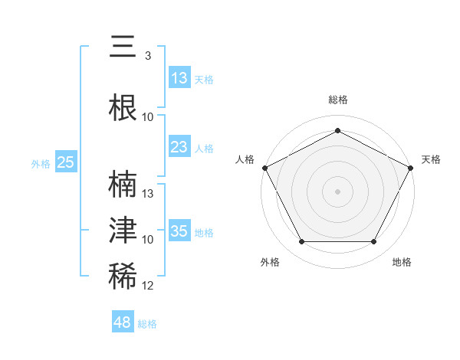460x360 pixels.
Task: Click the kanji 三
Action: click(x=123, y=47)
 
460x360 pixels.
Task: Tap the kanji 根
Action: click(x=123, y=106)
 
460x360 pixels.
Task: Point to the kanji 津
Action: click(x=123, y=230)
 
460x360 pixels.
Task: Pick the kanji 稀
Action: click(x=123, y=277)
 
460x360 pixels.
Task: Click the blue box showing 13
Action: click(x=179, y=78)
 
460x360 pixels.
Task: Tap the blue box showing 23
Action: click(x=179, y=148)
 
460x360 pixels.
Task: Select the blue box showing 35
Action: click(x=179, y=231)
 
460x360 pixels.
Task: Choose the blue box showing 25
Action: click(x=65, y=162)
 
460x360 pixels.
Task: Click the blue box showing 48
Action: click(x=123, y=322)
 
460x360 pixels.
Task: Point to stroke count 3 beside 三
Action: click(x=147, y=56)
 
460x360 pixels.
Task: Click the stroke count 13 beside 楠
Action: click(x=149, y=193)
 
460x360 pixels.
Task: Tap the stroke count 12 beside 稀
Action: click(x=149, y=286)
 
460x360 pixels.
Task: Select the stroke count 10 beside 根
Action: click(x=148, y=117)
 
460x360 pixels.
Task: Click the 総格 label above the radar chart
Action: click(x=337, y=100)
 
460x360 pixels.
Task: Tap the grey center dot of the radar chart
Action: click(x=337, y=191)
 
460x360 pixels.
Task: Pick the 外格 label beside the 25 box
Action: click(x=41, y=163)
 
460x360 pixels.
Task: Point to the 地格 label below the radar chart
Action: click(x=402, y=262)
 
